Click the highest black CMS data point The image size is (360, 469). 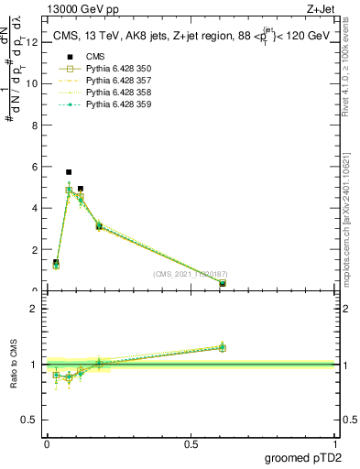tap(69, 172)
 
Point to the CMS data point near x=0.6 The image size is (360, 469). tap(223, 284)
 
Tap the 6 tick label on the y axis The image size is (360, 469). tap(34, 167)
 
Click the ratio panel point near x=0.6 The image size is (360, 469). tap(223, 347)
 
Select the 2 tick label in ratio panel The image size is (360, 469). tap(34, 309)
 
